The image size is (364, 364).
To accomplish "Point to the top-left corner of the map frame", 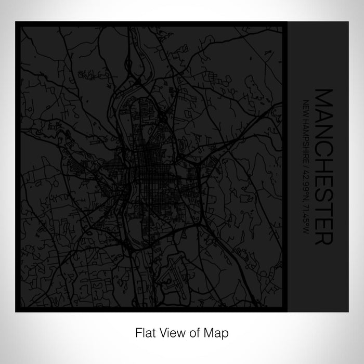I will pos(17,22).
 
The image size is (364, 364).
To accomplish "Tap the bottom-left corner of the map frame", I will pos(17,311).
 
